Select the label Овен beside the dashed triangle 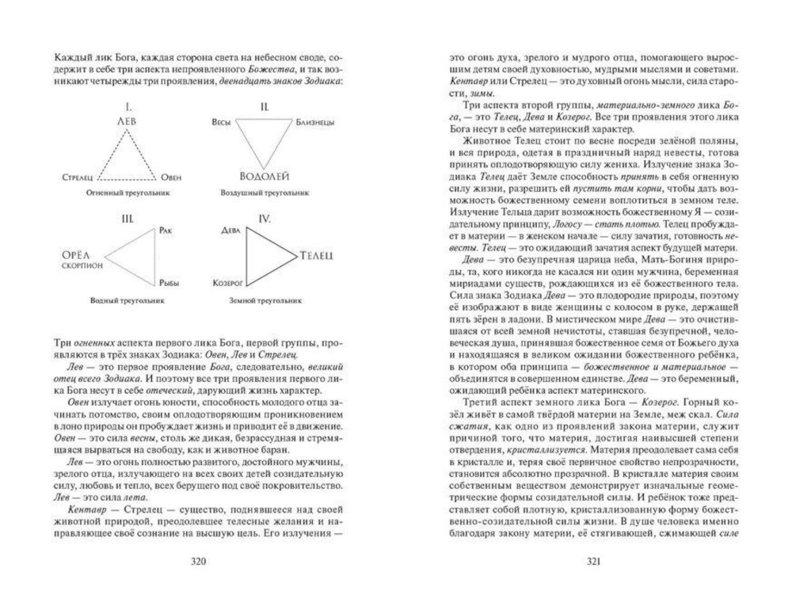pyautogui.click(x=171, y=177)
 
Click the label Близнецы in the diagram pyautogui.click(x=315, y=122)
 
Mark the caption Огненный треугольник pyautogui.click(x=128, y=192)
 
